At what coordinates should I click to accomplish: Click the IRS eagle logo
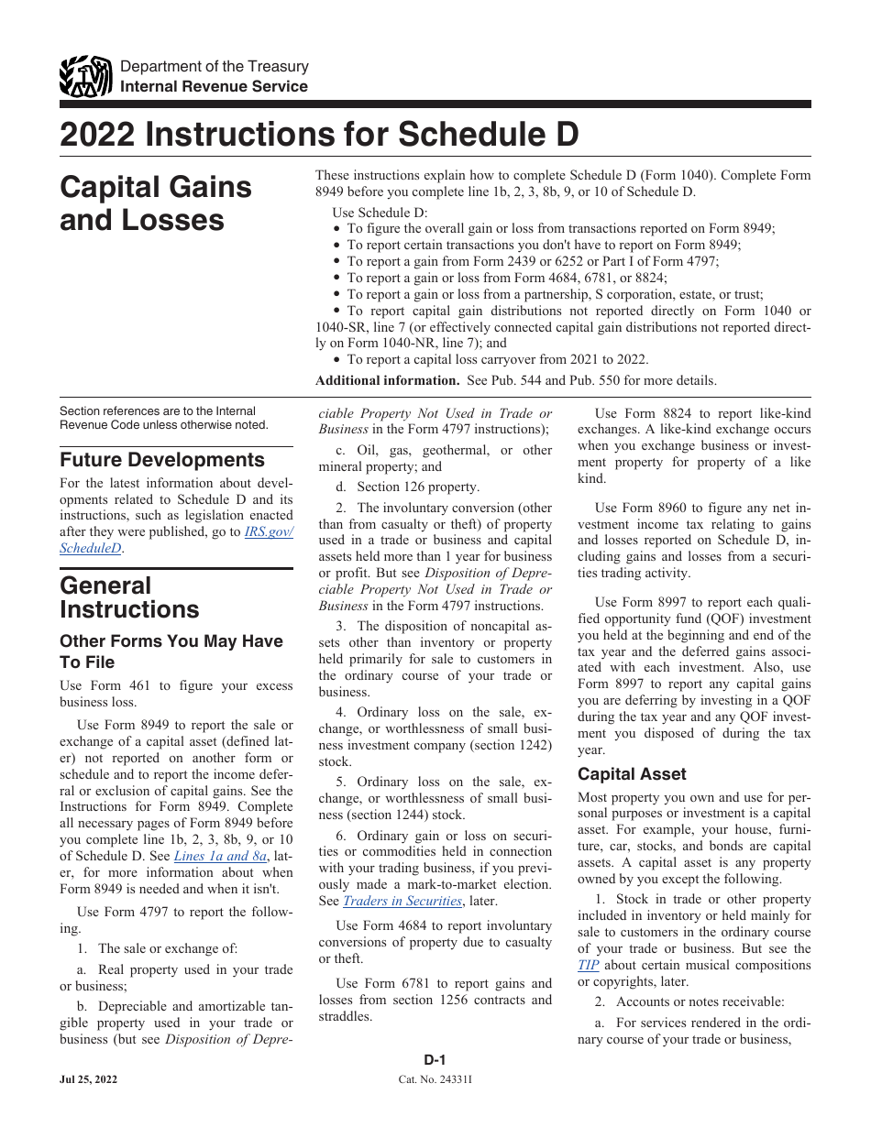pyautogui.click(x=85, y=77)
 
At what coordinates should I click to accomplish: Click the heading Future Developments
pyautogui.click(x=162, y=460)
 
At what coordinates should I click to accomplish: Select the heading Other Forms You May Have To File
pyautogui.click(x=171, y=651)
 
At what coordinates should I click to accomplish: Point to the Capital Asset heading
pyautogui.click(x=632, y=774)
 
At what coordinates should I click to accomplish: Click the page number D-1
pyautogui.click(x=435, y=1060)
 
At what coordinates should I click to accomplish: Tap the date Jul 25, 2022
pyautogui.click(x=89, y=1081)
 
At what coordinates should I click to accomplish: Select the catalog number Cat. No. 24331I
pyautogui.click(x=435, y=1081)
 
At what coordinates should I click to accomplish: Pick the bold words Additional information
pyautogui.click(x=387, y=380)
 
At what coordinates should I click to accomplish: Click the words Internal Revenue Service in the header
pyautogui.click(x=215, y=86)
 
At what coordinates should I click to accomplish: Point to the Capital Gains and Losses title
pyautogui.click(x=156, y=203)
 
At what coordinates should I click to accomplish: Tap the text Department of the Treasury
pyautogui.click(x=215, y=67)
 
